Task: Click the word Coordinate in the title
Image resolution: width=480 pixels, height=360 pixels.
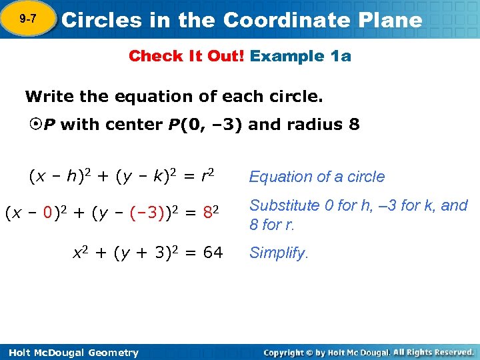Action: [291, 20]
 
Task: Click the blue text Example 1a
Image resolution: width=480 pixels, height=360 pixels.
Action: [301, 56]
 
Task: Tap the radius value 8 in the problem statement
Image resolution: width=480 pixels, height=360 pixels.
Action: [354, 125]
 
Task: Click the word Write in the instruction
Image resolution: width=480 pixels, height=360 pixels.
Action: [49, 97]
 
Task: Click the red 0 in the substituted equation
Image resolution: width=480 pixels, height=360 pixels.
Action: [48, 213]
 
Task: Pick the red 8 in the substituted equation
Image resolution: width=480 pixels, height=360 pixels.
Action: [207, 213]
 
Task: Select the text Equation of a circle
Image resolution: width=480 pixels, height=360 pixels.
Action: [317, 177]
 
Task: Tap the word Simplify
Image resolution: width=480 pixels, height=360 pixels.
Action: [279, 253]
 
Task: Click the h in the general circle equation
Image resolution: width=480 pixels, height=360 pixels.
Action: [69, 177]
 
